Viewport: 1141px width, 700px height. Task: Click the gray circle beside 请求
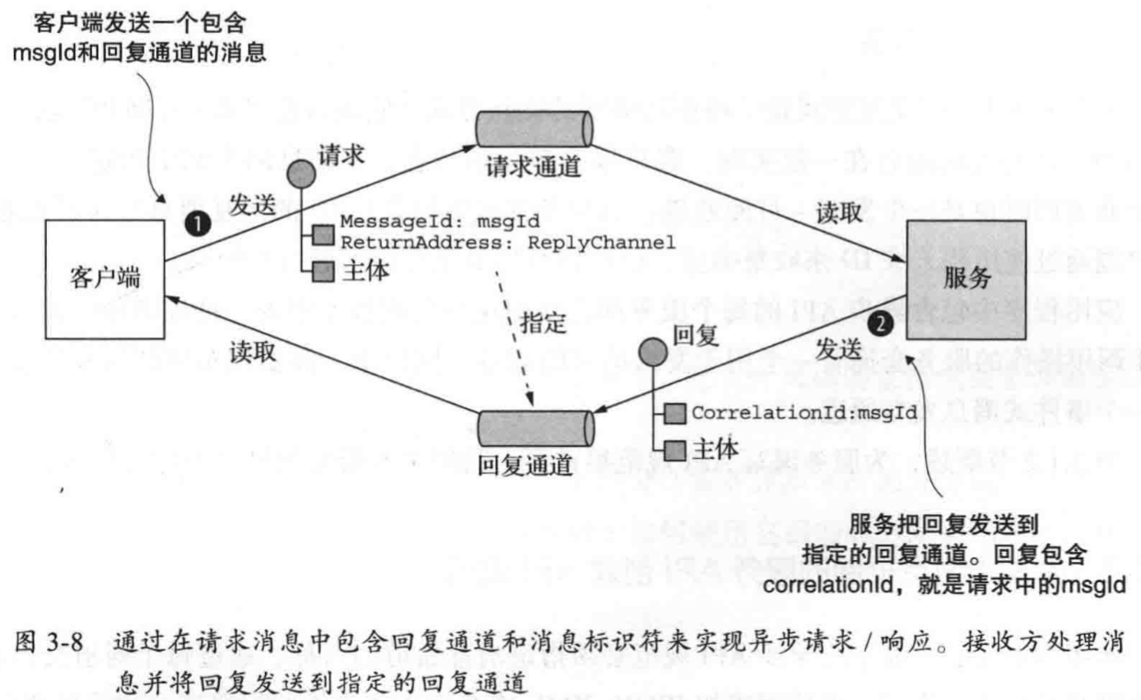(x=301, y=175)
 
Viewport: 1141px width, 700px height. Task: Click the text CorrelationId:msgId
(x=803, y=413)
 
